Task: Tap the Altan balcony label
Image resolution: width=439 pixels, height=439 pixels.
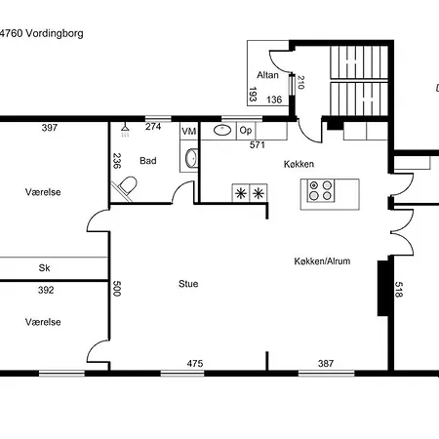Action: (267, 75)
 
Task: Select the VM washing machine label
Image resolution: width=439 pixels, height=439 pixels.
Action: (188, 131)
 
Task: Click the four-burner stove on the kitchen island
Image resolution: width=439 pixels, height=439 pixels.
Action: (321, 190)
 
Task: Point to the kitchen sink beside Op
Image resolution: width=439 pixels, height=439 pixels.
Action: (222, 131)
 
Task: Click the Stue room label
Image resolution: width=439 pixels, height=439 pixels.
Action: (188, 284)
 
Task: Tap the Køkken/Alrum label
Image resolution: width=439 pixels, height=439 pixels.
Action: (322, 261)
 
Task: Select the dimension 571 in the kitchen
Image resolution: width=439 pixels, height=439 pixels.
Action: (258, 144)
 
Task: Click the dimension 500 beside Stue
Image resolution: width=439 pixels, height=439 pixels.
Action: (116, 289)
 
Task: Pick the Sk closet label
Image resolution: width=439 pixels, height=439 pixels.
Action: (44, 268)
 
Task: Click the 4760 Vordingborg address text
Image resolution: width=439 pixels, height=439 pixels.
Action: (41, 33)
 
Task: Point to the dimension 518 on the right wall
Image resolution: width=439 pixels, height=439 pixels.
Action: (399, 290)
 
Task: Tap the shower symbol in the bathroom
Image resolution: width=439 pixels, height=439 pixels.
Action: (125, 130)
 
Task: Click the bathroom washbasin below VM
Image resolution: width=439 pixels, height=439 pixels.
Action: (191, 158)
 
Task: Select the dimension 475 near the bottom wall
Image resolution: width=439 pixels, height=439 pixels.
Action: (195, 363)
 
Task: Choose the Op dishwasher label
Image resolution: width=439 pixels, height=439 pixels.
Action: (246, 131)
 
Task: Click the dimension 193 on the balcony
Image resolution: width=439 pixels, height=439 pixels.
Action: (253, 95)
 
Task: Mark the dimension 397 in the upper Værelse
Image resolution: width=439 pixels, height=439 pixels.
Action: (50, 128)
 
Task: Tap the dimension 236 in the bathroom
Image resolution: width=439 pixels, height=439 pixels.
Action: (116, 161)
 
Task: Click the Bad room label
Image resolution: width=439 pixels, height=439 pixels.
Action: (148, 161)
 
